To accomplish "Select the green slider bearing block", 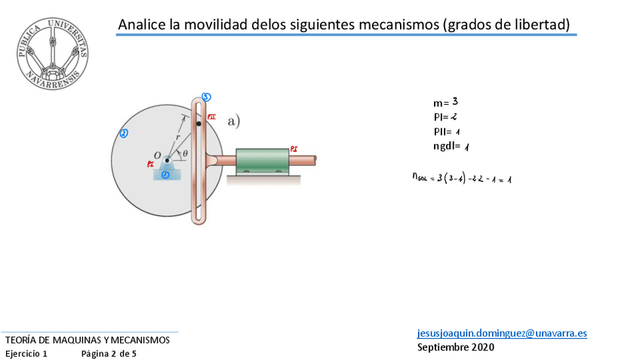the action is (x=263, y=161).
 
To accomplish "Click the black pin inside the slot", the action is (x=198, y=123).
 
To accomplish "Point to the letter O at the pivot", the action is (x=157, y=155).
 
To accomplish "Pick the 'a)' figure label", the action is (x=233, y=120).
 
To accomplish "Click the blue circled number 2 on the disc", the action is (x=124, y=134).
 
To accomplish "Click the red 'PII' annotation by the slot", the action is (x=211, y=117).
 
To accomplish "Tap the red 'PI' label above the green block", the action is (x=293, y=149).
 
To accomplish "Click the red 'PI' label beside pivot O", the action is (x=151, y=164).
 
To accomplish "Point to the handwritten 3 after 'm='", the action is (x=455, y=100).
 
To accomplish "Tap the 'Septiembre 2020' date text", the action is (x=456, y=347).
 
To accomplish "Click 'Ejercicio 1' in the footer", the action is (x=26, y=353).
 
